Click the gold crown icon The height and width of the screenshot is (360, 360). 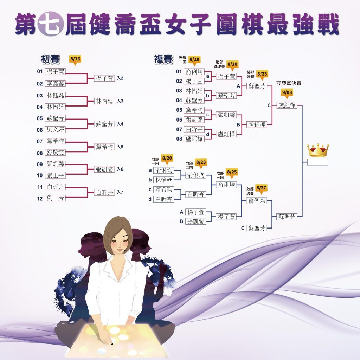pyautogui.click(x=318, y=150)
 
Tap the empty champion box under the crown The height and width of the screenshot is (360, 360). pyautogui.click(x=317, y=162)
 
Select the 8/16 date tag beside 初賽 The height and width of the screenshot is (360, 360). pyautogui.click(x=75, y=60)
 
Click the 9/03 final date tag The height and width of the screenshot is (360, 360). pyautogui.click(x=287, y=93)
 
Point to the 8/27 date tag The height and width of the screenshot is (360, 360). pyautogui.click(x=261, y=189)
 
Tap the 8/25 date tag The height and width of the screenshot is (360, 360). pyautogui.click(x=232, y=172)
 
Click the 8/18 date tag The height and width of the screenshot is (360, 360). pyautogui.click(x=194, y=60)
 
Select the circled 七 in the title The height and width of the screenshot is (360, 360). pyautogui.click(x=51, y=24)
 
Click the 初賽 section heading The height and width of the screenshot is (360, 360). pyautogui.click(x=50, y=59)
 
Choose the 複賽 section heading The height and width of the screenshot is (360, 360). pyautogui.click(x=164, y=59)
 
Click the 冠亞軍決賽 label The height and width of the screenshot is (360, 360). pyautogui.click(x=289, y=83)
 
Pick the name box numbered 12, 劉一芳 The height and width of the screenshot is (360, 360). pyautogui.click(x=55, y=198)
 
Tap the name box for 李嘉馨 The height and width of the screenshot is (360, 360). pyautogui.click(x=55, y=83)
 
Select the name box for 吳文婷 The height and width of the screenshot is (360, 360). pyautogui.click(x=55, y=129)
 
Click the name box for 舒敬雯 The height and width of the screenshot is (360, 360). pyautogui.click(x=55, y=153)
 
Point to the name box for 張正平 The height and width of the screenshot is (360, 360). pyautogui.click(x=55, y=175)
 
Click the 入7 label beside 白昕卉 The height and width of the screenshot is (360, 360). pyautogui.click(x=120, y=192)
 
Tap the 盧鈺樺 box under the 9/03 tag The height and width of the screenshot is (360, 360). pyautogui.click(x=287, y=105)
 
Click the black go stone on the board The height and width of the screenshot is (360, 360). pyautogui.click(x=112, y=344)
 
